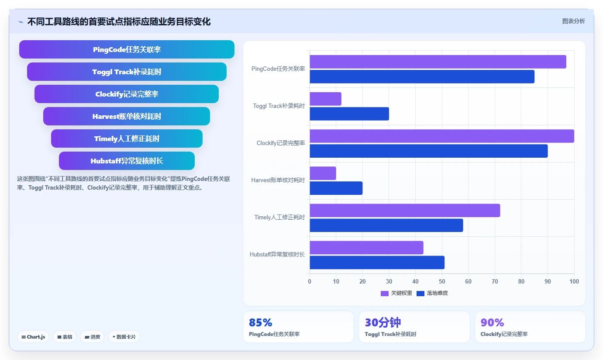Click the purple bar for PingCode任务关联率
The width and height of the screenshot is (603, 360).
[x=438, y=62]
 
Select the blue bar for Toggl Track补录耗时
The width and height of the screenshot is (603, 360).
[x=349, y=114]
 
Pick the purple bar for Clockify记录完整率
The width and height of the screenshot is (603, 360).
[x=442, y=136]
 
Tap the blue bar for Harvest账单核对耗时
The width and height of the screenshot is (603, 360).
[x=336, y=188]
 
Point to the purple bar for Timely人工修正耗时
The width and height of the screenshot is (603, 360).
[x=405, y=210]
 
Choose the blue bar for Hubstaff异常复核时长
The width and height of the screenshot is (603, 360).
[x=377, y=263]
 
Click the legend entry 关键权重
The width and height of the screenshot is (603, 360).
[x=396, y=293]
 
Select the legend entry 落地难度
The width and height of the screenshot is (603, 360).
[x=432, y=293]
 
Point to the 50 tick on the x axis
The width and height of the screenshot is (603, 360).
[x=442, y=281]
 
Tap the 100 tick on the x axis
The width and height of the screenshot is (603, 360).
[x=574, y=281]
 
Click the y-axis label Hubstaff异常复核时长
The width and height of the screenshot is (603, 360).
[x=277, y=254]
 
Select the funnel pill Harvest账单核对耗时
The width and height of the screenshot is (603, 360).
[x=127, y=116]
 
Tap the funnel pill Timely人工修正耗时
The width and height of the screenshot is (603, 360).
[x=127, y=138]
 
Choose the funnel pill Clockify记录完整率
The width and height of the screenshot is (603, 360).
[x=127, y=94]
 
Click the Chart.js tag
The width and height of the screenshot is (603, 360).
[x=33, y=337]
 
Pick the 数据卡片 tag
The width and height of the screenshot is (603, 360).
[x=124, y=337]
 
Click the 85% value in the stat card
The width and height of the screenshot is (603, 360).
[x=261, y=322]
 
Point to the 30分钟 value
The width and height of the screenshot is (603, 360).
[x=383, y=322]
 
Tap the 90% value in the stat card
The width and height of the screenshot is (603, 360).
[x=493, y=322]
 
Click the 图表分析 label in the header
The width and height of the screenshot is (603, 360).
[x=573, y=21]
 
